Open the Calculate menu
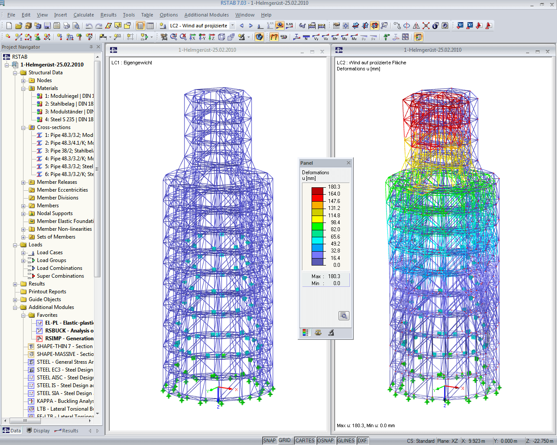pos(84,15)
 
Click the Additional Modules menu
pos(206,15)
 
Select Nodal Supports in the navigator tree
pos(54,213)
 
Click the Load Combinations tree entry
pos(59,268)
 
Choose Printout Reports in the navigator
pos(47,292)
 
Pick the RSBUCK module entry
pos(69,331)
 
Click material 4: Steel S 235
pos(69,120)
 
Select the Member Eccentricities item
pos(62,190)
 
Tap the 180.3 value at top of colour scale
pos(334,187)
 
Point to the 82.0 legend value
pos(335,229)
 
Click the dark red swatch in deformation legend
pos(317,190)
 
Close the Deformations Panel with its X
pos(348,163)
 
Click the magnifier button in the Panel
pos(344,316)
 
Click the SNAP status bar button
pos(269,441)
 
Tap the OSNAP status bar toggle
pos(325,441)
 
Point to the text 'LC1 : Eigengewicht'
pos(132,63)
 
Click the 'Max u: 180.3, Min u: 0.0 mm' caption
pos(366,425)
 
